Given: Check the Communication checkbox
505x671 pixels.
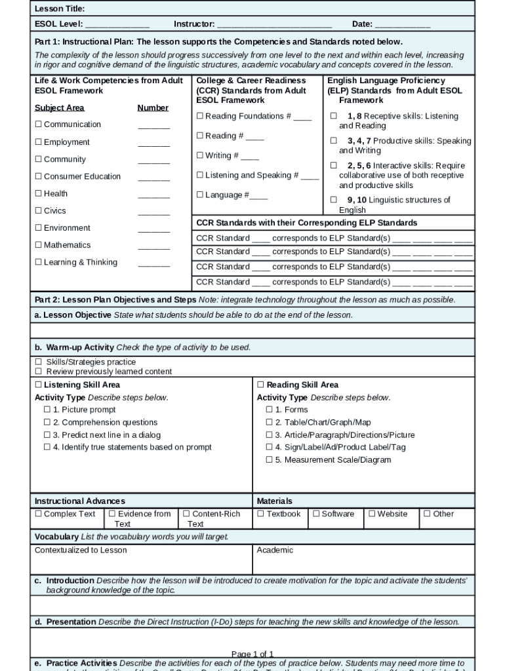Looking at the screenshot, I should (38, 125).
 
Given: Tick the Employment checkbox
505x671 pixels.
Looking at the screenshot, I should (38, 142).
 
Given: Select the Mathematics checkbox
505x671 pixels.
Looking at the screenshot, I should (38, 245).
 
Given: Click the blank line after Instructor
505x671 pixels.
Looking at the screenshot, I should (273, 25).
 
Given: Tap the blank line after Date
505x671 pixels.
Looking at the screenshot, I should (402, 25).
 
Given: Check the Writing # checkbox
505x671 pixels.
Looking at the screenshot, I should (200, 156).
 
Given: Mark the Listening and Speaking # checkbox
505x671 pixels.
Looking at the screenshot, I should (200, 176).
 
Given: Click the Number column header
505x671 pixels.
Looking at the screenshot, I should (153, 108).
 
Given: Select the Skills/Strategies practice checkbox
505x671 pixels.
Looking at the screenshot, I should (38, 362).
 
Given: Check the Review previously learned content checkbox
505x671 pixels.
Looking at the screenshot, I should (38, 372).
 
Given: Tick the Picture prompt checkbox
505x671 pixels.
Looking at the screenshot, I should (47, 410).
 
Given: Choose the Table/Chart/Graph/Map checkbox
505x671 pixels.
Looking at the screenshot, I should (269, 423).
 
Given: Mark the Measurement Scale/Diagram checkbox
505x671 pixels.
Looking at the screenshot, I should (269, 460).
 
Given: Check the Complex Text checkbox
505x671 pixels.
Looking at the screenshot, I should (38, 514).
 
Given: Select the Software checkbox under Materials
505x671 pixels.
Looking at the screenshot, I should (316, 514).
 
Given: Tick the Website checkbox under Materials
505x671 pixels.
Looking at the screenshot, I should (372, 514).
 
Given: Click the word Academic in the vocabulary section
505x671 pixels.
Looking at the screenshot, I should (275, 550).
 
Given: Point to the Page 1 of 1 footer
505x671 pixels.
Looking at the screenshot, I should (253, 654).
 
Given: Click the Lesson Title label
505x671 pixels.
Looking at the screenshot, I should (59, 9).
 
